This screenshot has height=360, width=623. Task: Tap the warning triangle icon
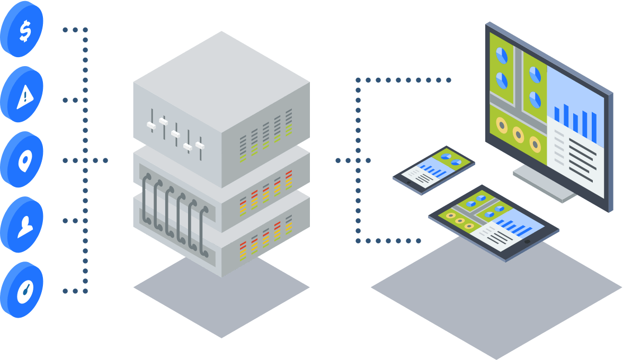(24, 96)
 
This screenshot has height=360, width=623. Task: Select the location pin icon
(24, 159)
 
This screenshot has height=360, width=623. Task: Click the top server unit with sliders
(221, 106)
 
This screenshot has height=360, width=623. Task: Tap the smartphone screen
(434, 167)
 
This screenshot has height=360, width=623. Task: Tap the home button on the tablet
(527, 241)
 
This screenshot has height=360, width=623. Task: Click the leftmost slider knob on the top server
(151, 125)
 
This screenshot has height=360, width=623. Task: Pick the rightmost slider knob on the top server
(200, 144)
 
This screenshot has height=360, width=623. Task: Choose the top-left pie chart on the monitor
(501, 55)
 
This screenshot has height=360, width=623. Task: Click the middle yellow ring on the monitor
(518, 134)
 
